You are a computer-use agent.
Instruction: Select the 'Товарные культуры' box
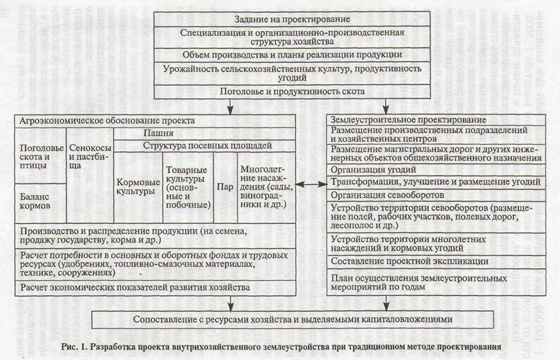(187, 185)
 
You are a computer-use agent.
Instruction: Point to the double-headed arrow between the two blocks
(310, 184)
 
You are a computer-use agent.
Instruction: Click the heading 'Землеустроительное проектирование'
(407, 119)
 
